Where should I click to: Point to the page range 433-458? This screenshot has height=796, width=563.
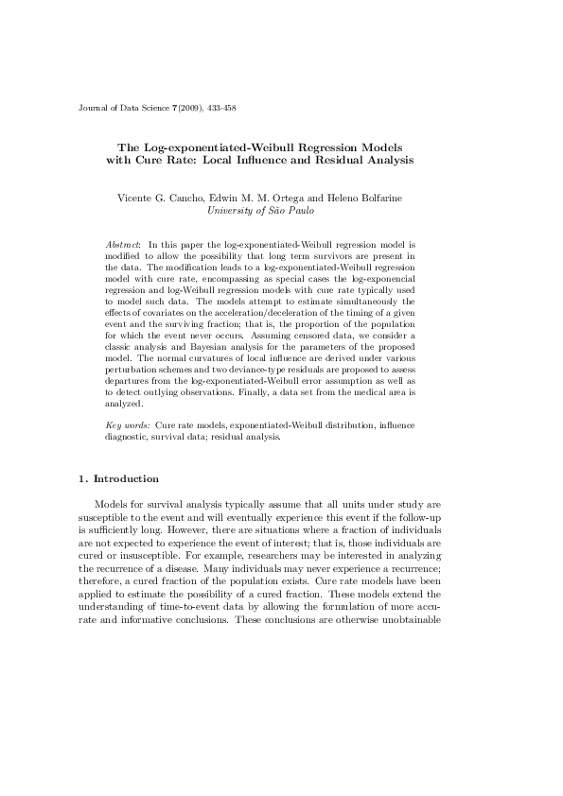[x=220, y=110]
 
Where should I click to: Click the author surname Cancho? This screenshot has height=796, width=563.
[x=186, y=199]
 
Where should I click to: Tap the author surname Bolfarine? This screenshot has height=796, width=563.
[x=390, y=199]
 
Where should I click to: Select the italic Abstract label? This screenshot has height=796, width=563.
[x=123, y=245]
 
